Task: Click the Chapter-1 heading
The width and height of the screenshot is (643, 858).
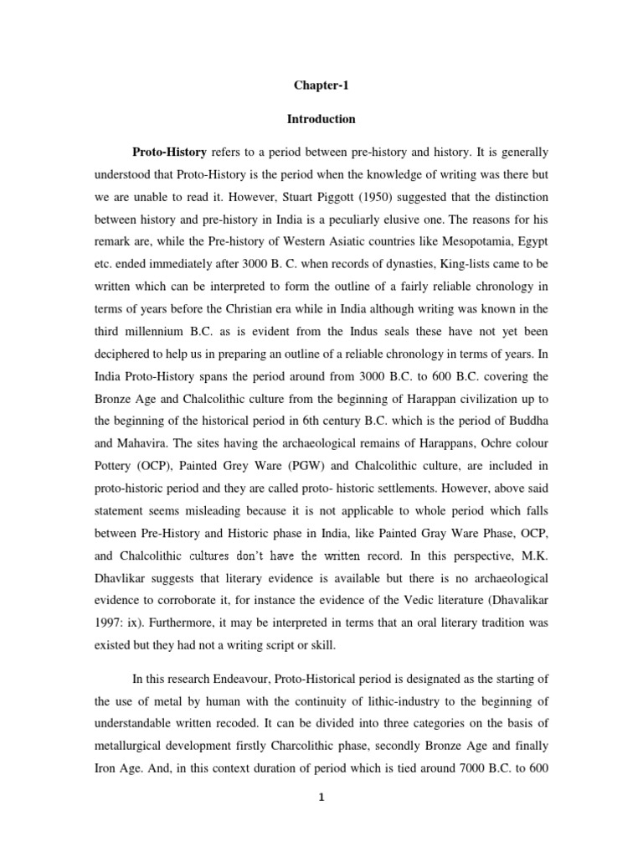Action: tap(321, 85)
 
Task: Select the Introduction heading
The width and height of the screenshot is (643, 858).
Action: tap(321, 119)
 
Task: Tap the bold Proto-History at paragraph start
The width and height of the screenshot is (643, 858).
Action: tap(170, 153)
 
